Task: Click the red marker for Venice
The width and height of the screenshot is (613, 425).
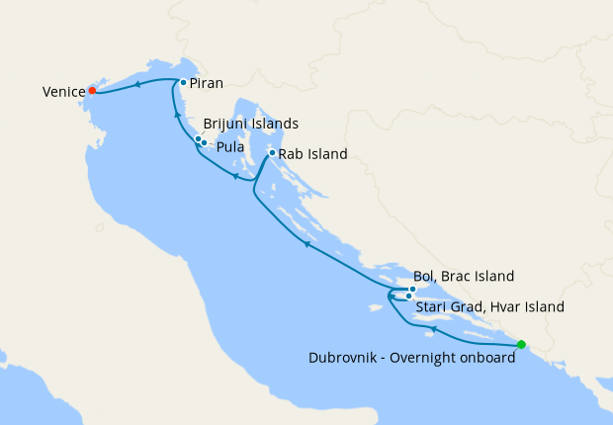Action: tap(92, 90)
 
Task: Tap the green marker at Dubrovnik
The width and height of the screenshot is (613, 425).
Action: tap(521, 345)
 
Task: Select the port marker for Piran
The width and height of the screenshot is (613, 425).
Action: tap(184, 83)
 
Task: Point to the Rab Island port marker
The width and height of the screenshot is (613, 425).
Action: tap(272, 153)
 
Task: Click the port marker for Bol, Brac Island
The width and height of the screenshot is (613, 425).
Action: tap(413, 290)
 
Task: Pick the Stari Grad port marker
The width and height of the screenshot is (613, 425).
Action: tap(408, 296)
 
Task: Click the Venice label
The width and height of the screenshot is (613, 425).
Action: tap(62, 92)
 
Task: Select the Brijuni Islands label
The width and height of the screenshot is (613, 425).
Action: tap(250, 124)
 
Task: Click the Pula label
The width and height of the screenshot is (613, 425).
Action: tap(231, 147)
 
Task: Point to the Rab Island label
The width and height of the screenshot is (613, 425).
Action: tap(313, 154)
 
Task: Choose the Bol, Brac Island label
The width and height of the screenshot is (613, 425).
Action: tap(465, 276)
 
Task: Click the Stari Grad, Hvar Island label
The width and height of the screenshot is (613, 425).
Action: tap(489, 307)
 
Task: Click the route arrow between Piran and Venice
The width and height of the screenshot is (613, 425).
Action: tap(137, 84)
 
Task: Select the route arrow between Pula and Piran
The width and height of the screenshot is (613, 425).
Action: tap(178, 115)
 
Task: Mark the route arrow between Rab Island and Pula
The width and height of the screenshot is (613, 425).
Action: tap(235, 177)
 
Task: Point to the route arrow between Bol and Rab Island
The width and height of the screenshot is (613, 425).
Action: tap(306, 244)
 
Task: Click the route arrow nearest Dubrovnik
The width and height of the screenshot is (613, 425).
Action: tap(432, 327)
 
